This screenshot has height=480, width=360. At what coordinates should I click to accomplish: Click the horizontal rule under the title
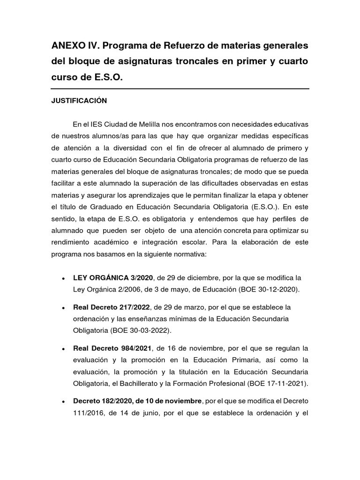[180, 89]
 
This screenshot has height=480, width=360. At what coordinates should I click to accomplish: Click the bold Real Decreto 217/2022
[112, 307]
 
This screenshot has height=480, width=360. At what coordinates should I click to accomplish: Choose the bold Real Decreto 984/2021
[112, 348]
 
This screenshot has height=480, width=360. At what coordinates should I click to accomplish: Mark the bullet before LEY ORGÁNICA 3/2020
[63, 278]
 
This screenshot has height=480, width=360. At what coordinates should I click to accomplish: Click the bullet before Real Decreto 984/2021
[63, 349]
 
